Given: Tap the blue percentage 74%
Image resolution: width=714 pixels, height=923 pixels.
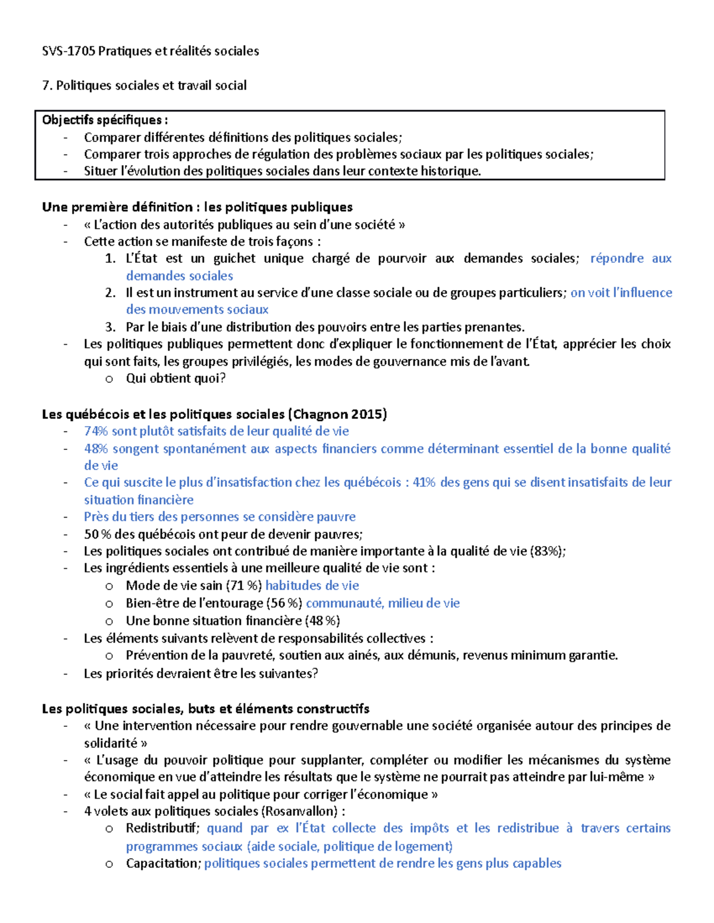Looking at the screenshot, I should click(x=96, y=431).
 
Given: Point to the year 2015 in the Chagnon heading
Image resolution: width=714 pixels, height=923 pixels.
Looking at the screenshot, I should click(x=368, y=414).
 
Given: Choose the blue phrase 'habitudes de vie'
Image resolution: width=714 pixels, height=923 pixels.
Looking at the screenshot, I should click(x=312, y=585).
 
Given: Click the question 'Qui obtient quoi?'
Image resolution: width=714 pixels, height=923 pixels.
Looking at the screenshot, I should click(x=176, y=379).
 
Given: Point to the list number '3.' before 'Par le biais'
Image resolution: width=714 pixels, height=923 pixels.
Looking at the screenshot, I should click(x=110, y=327).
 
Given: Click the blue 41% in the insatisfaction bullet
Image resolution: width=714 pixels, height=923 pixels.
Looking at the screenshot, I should click(x=424, y=482).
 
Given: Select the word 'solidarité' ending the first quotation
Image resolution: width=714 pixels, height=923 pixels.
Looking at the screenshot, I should click(x=111, y=743).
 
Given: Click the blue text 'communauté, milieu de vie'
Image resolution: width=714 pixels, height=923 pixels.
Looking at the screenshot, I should click(x=383, y=603).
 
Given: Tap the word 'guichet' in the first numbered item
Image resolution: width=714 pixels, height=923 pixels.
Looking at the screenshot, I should click(x=234, y=259).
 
